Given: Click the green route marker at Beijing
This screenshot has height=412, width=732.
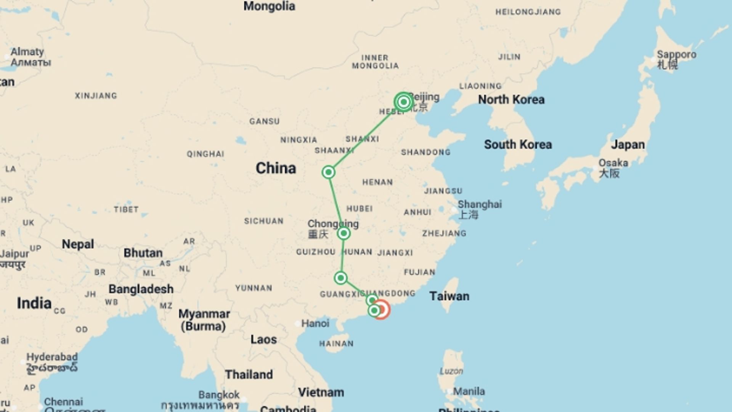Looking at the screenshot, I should point(403,102).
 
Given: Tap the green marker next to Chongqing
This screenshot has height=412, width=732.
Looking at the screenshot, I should point(344,233).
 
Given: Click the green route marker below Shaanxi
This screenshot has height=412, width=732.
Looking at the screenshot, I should point(328,172).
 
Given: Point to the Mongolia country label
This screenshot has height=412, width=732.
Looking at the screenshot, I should point(269,6).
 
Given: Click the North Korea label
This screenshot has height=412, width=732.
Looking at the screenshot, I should point(511,100).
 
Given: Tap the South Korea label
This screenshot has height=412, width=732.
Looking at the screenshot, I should point(518,145).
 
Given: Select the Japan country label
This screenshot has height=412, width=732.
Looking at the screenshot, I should point(628,145).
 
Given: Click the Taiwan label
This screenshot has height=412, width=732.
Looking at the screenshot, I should point(449,296).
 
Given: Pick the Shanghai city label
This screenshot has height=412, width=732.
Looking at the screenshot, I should point(480,205).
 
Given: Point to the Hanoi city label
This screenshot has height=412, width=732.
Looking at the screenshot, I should point(315,323).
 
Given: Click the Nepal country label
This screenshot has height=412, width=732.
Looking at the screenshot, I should point(78,244).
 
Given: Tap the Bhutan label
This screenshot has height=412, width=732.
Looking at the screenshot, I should point(143,253).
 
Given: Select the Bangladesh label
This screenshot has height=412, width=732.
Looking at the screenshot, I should point(141,289).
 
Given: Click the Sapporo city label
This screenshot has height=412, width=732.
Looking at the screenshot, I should point(676,55).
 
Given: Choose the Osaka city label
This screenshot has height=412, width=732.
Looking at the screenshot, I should point(613,163).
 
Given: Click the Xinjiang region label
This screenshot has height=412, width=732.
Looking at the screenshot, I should point(96,96).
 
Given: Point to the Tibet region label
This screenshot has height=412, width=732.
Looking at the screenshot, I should point(126,209).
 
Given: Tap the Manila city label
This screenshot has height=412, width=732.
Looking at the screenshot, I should point(469,391).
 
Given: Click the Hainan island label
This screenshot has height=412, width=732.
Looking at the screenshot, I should point(336,344).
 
